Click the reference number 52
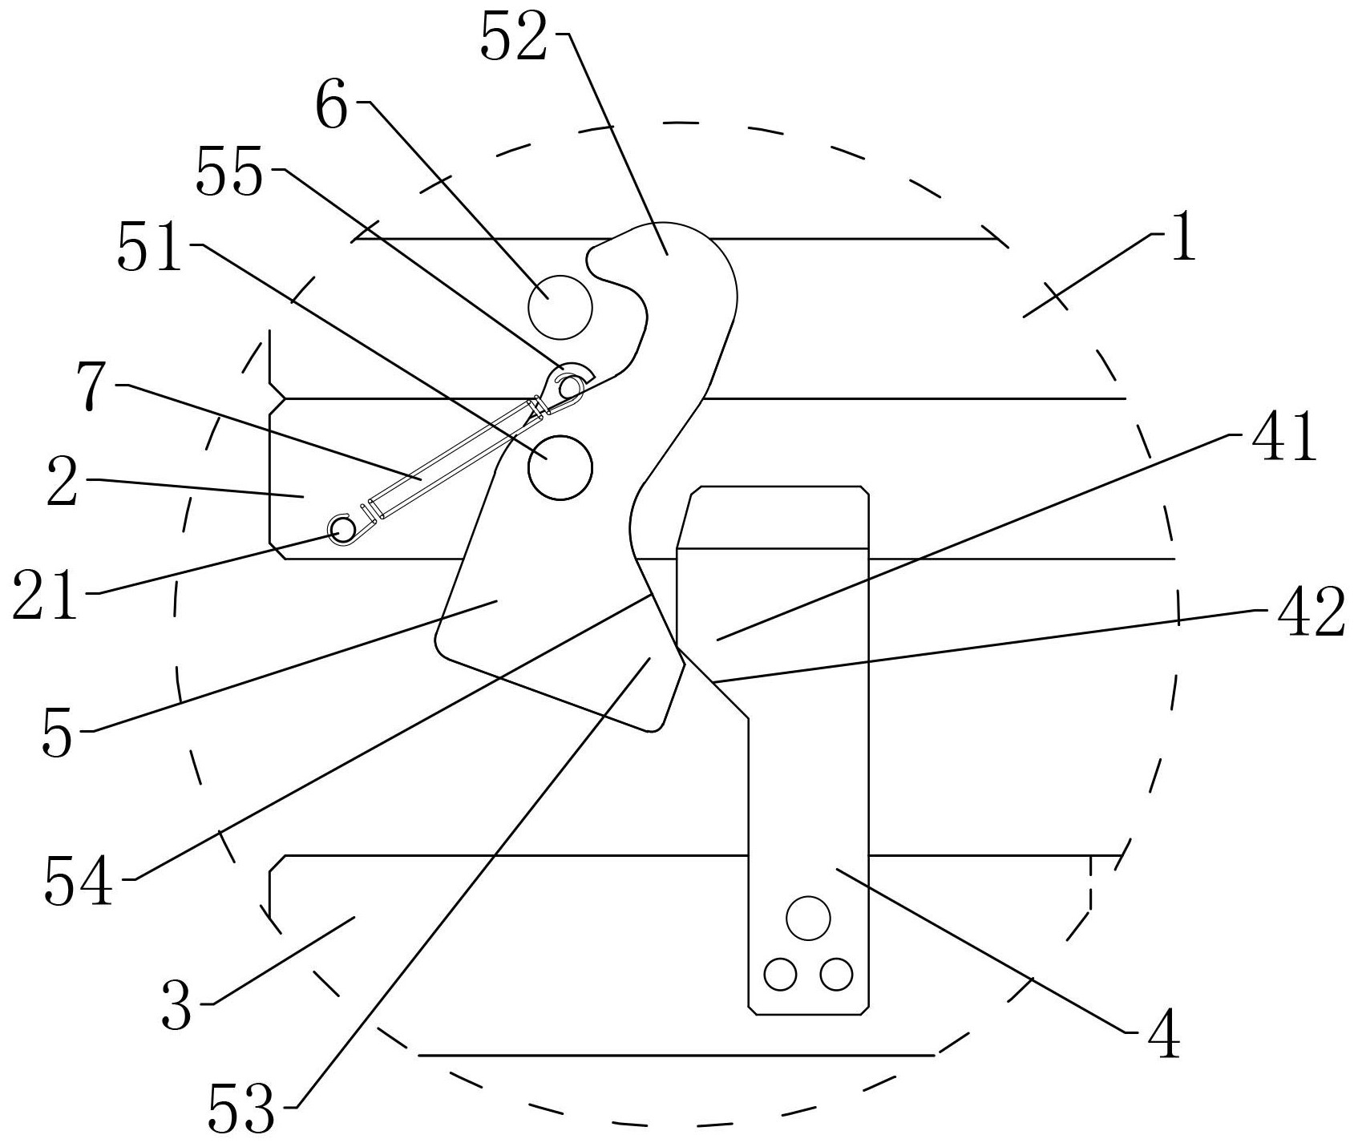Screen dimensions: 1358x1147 pos(514,38)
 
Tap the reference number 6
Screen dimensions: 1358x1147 pos(332,106)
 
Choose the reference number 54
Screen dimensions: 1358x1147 pos(79,879)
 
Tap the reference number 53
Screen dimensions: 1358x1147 pos(241,1108)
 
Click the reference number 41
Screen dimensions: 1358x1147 pos(1281,435)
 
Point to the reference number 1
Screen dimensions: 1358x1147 pos(1182,237)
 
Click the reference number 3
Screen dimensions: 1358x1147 pos(176,1004)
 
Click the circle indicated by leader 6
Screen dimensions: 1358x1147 pos(560,306)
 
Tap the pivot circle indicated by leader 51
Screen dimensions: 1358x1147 pos(560,467)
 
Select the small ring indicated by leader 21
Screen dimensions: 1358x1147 pos(343,528)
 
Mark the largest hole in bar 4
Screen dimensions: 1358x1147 pos(808,918)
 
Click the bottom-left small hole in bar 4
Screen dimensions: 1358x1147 pos(781,975)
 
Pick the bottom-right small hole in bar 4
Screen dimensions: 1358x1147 pos(836,975)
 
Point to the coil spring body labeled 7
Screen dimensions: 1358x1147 pos(451,458)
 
